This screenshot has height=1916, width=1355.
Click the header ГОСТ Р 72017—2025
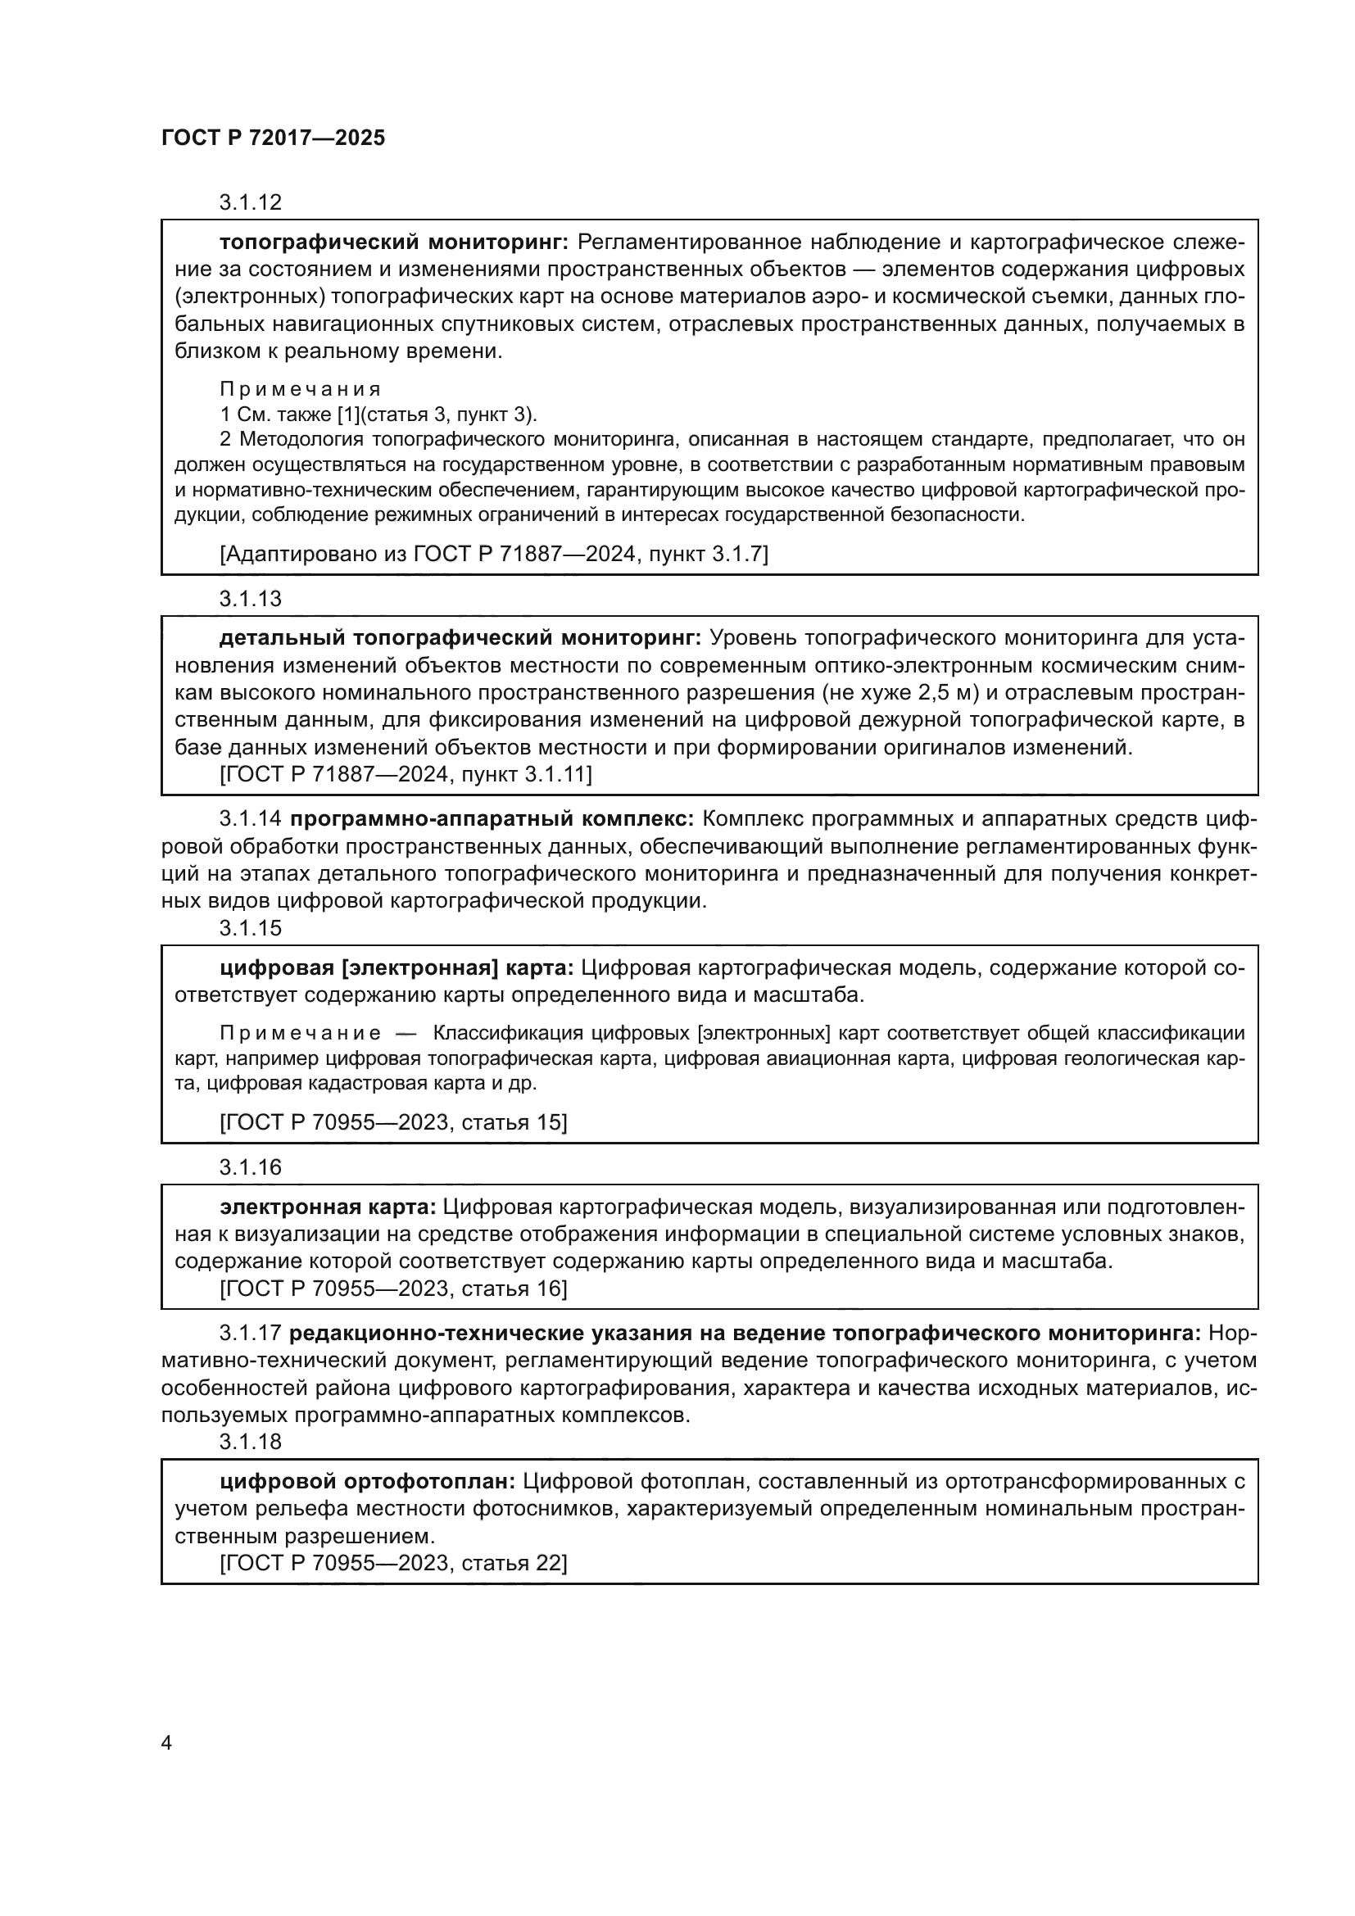[273, 138]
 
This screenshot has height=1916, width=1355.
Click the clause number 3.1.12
[251, 202]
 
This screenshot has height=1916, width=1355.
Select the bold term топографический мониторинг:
[394, 242]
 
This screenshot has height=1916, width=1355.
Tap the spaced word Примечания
[301, 389]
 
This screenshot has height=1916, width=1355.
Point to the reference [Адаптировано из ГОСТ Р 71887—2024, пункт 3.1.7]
[493, 553]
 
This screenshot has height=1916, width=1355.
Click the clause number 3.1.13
[251, 598]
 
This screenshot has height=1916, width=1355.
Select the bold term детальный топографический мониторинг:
[460, 638]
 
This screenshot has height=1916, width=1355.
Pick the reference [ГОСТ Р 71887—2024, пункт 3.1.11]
[406, 774]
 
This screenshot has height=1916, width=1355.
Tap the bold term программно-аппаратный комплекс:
[492, 819]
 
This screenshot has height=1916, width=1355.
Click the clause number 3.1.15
[251, 928]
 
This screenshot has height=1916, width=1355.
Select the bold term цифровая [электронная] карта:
[397, 968]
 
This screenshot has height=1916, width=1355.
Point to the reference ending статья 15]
[393, 1122]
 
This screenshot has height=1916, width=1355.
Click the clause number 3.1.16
[251, 1166]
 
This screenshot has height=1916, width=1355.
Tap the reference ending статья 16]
[393, 1289]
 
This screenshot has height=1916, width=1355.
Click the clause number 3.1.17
[251, 1333]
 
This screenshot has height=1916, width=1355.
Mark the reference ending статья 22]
[393, 1563]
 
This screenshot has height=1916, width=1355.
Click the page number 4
[166, 1743]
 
